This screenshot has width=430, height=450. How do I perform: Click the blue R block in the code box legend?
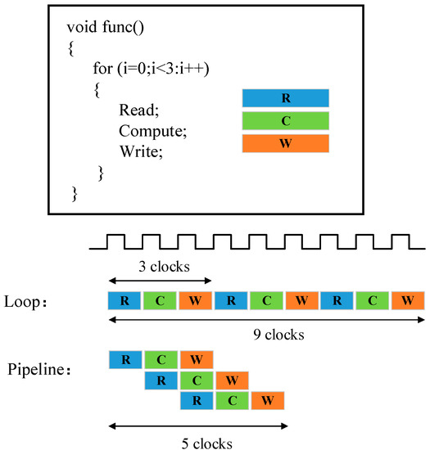(x=286, y=98)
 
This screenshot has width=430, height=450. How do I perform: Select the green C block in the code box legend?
(x=286, y=121)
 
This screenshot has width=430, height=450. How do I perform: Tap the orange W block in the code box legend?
(x=286, y=144)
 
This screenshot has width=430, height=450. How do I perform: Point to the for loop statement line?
(x=152, y=69)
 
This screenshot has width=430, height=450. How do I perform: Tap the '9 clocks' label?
(x=267, y=335)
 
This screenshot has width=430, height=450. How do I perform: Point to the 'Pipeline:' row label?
(x=39, y=370)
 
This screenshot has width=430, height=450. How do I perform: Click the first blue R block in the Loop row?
(x=124, y=300)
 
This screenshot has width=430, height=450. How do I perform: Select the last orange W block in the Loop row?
(x=408, y=300)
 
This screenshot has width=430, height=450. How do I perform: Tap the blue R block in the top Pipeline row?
(x=124, y=359)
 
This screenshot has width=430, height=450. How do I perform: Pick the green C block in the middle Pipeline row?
(x=196, y=380)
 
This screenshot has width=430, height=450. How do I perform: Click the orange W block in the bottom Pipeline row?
(x=267, y=401)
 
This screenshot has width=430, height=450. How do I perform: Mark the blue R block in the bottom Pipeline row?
(x=196, y=401)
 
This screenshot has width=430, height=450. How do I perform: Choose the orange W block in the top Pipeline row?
(x=196, y=359)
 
